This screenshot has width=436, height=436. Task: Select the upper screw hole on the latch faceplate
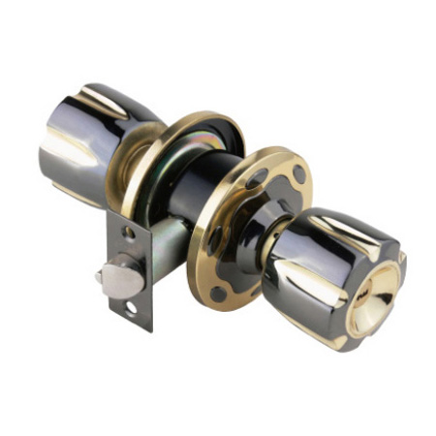click(x=129, y=234)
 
